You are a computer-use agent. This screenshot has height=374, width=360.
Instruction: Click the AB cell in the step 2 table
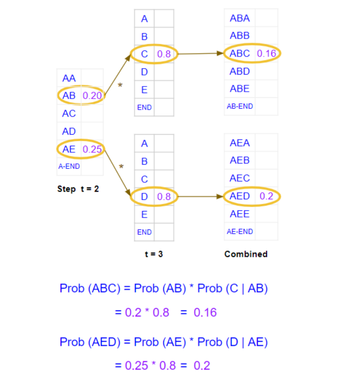tap(69, 96)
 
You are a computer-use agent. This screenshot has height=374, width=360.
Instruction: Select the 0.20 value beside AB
tap(92, 96)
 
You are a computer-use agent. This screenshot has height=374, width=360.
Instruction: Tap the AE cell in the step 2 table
tap(69, 149)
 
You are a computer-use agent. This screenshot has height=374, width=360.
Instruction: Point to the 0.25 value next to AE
tap(92, 149)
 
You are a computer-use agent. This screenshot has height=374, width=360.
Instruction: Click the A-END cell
tap(69, 166)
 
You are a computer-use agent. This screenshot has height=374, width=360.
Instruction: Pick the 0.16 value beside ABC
tap(266, 53)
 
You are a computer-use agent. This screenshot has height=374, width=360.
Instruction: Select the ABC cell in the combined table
tap(240, 53)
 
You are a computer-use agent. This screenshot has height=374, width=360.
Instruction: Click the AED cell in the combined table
tap(240, 196)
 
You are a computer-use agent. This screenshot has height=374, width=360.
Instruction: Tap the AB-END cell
tap(240, 106)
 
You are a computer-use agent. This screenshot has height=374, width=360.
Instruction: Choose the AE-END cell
tap(240, 231)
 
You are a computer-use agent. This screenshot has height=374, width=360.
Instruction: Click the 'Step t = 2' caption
tap(78, 189)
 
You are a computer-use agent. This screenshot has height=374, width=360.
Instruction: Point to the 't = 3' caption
tap(154, 254)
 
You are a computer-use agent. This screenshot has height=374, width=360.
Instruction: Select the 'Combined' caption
tap(246, 254)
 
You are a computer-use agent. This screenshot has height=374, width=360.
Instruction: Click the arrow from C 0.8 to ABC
tap(200, 53)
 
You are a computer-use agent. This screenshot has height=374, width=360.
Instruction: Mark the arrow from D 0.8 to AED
tap(200, 196)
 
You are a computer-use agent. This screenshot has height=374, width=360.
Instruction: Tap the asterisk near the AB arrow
tap(120, 86)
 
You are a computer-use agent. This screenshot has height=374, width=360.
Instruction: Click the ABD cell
tap(240, 71)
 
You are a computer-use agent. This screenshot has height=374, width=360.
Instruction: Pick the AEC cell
tap(240, 178)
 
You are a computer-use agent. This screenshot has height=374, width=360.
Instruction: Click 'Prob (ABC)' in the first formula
tap(90, 288)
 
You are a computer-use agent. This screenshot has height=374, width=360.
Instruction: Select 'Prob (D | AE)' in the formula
tap(232, 342)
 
